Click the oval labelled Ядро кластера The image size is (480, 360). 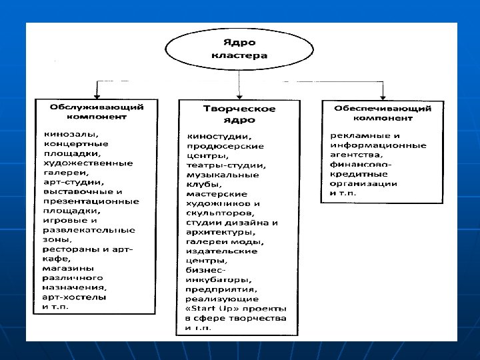[x=239, y=49]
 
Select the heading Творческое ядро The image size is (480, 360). [x=239, y=114]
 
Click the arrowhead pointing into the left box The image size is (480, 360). [x=98, y=95]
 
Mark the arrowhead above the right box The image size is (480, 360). [x=392, y=95]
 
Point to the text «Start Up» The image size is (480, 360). [x=206, y=309]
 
